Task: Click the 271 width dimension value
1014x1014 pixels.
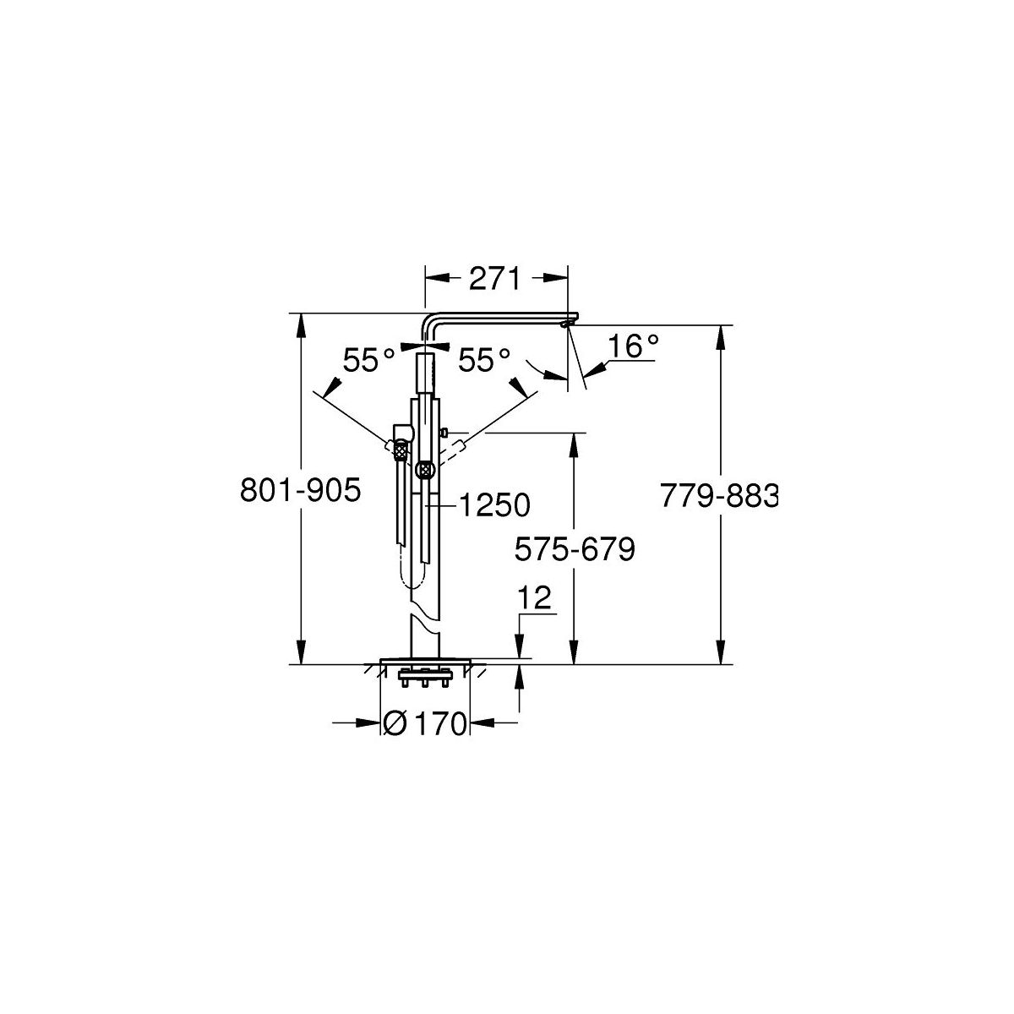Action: pyautogui.click(x=494, y=279)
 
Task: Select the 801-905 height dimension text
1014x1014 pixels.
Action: pyautogui.click(x=301, y=490)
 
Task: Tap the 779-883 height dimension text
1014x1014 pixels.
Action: pyautogui.click(x=719, y=496)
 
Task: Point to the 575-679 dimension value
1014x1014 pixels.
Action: pyautogui.click(x=575, y=549)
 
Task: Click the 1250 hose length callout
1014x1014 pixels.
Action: pyautogui.click(x=494, y=505)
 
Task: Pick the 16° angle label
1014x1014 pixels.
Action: pyautogui.click(x=633, y=346)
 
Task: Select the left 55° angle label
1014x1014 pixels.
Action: pyautogui.click(x=368, y=361)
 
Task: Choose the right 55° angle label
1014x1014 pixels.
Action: pyautogui.click(x=484, y=361)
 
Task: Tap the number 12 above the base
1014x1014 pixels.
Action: pyautogui.click(x=535, y=597)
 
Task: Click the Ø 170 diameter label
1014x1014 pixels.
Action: pyautogui.click(x=425, y=723)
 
